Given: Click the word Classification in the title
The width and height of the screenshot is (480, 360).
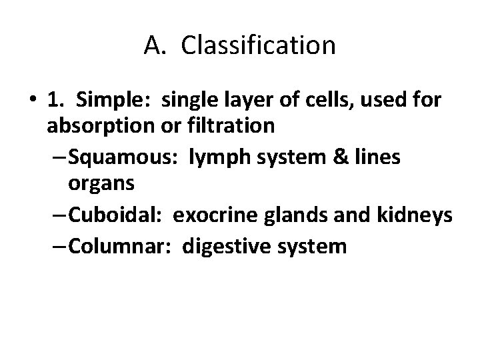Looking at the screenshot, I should click(258, 46).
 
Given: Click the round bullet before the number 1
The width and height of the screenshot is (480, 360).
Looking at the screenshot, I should click(33, 101).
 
